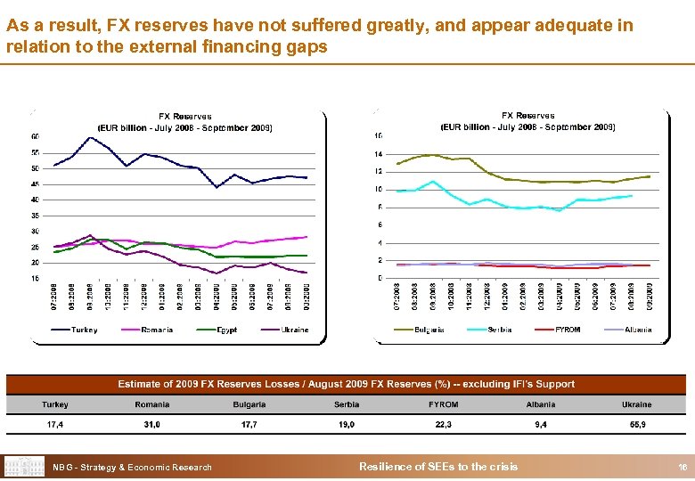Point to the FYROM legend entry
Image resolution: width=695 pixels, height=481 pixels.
(x=567, y=330)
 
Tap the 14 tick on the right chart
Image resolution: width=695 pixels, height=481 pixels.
(x=378, y=153)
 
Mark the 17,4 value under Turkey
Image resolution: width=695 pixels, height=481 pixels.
(x=55, y=425)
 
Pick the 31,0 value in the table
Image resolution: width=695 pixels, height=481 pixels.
(x=152, y=425)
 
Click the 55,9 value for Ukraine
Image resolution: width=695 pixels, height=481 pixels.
(x=638, y=425)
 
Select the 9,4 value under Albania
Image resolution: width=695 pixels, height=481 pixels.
(x=541, y=425)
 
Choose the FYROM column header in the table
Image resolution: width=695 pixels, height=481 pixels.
(x=443, y=404)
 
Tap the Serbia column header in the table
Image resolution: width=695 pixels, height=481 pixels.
(x=347, y=404)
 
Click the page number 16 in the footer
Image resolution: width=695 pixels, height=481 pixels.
(x=682, y=467)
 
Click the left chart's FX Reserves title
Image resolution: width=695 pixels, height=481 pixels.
(x=185, y=116)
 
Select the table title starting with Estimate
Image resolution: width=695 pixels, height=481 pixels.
(x=347, y=384)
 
